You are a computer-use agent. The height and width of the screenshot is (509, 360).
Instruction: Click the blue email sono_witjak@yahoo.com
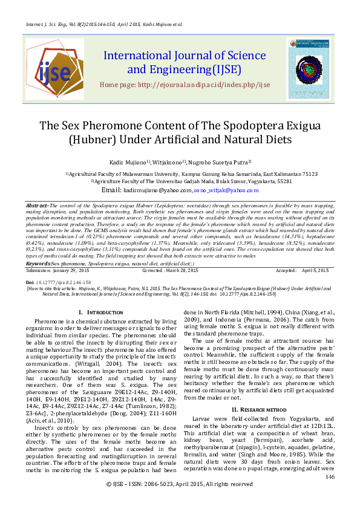pos(226,190)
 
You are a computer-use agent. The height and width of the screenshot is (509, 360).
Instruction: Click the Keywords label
pos(38,264)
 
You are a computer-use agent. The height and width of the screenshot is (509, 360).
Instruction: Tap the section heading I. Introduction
pos(102,311)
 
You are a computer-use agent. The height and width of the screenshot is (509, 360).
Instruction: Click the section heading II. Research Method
pos(258,392)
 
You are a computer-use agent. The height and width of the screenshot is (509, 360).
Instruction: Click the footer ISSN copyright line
pos(180,501)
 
